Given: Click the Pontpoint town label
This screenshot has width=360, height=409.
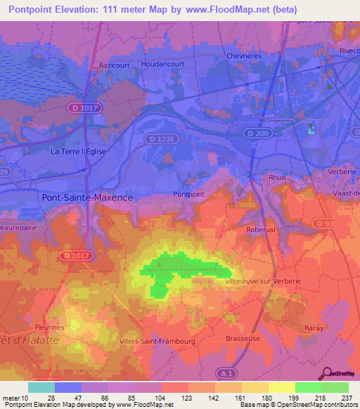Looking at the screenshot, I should point(188,194).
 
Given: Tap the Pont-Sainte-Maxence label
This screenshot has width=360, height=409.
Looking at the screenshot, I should point(87,197).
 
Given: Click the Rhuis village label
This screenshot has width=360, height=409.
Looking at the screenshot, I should point(277,178).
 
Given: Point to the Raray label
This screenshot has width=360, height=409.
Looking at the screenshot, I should point(313,328).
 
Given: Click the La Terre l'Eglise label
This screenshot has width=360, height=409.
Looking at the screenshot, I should point(77,151).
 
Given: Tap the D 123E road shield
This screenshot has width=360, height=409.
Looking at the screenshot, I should point(161,139).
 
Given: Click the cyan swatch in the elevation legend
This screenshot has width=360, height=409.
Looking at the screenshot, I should point(41,387).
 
